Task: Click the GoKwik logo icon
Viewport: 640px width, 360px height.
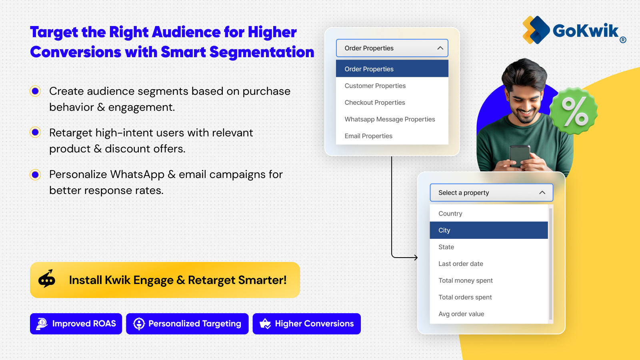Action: [536, 30]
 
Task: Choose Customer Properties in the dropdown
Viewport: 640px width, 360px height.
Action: [375, 86]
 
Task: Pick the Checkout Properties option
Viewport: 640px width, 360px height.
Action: [375, 102]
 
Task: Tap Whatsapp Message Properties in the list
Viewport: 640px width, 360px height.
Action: [390, 119]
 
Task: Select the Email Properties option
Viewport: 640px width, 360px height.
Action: [368, 136]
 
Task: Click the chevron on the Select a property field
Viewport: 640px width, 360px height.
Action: [542, 192]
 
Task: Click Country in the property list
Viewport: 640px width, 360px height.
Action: [450, 214]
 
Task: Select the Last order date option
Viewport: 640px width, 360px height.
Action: [461, 264]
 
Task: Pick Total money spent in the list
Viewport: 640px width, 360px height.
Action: [466, 280]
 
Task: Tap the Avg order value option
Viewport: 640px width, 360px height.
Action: [461, 314]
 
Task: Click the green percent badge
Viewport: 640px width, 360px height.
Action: [574, 111]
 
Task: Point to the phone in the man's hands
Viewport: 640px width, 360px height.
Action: [519, 156]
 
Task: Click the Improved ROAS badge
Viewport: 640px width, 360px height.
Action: [76, 324]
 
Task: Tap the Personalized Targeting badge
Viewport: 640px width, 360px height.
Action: [187, 324]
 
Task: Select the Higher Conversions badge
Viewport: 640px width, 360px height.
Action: [306, 324]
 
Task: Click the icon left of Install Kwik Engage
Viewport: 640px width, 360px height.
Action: [47, 279]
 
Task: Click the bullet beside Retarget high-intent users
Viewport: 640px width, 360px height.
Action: [35, 132]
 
